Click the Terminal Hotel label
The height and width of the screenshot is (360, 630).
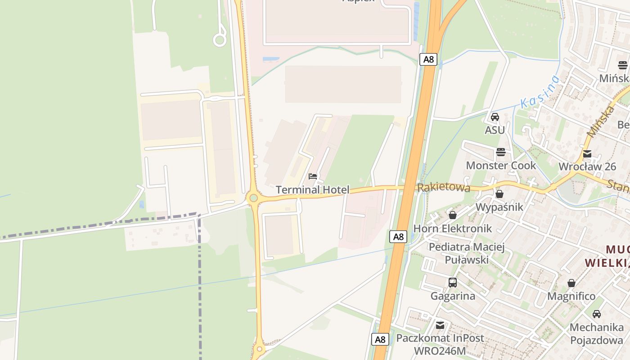click(x=312, y=190)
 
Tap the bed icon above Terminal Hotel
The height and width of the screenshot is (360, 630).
click(x=313, y=176)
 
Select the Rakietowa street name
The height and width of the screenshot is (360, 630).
click(x=444, y=187)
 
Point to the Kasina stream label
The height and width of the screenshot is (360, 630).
click(x=540, y=92)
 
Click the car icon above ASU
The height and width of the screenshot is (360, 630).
click(x=495, y=117)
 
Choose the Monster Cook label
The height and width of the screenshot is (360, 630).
click(x=501, y=166)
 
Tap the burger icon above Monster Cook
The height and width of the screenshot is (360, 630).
click(x=501, y=152)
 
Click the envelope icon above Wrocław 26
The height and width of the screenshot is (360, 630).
click(x=587, y=154)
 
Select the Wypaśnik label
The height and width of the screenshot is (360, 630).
click(x=499, y=207)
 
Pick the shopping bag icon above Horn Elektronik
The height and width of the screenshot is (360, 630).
click(x=453, y=215)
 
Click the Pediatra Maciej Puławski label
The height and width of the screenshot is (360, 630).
click(x=467, y=253)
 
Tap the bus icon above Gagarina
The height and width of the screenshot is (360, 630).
click(x=453, y=283)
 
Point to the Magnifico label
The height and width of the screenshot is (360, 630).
click(x=571, y=297)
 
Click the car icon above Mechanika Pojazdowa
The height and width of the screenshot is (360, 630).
click(x=597, y=314)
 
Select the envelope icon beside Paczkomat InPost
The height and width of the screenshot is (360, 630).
click(x=440, y=325)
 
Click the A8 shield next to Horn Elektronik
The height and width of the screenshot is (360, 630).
click(x=398, y=237)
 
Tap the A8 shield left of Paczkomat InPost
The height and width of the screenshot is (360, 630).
click(x=380, y=339)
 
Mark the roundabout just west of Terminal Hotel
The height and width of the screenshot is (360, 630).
click(x=254, y=198)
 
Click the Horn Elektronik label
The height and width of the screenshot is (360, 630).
click(x=453, y=229)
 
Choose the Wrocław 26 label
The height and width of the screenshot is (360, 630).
click(x=587, y=166)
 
